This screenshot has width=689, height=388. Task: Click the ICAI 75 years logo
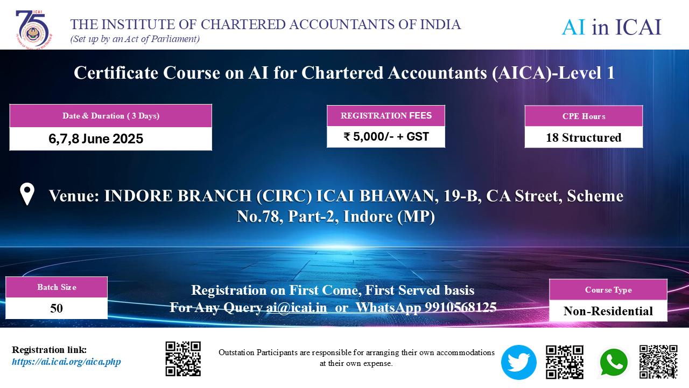pos(34,30)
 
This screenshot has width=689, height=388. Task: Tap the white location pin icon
pos(27,194)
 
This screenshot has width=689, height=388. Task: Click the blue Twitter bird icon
pos(518,362)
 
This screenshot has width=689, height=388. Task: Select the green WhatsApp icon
pos(614,363)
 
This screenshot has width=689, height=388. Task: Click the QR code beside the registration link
pos(183,359)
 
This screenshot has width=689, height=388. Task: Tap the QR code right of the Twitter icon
pos(565,362)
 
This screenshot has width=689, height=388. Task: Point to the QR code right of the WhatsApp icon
pos(658,362)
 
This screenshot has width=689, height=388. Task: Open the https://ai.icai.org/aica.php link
pos(66,362)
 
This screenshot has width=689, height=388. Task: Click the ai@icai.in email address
pos(297,307)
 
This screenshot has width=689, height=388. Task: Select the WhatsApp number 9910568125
pos(461,307)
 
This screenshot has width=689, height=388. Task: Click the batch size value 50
pos(57,308)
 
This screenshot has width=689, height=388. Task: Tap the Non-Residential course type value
pos(608,311)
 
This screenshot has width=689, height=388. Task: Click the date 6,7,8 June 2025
pos(96,138)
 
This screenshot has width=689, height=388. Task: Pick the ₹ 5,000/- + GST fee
pos(386,136)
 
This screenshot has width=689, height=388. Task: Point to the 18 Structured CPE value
pos(583,137)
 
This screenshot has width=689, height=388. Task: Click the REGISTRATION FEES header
pos(386,115)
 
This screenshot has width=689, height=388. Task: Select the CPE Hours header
pos(583,116)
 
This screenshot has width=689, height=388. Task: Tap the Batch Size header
pos(57,287)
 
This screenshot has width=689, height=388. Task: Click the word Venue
pos(74,196)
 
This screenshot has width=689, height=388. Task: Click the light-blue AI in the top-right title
pos(573,27)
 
